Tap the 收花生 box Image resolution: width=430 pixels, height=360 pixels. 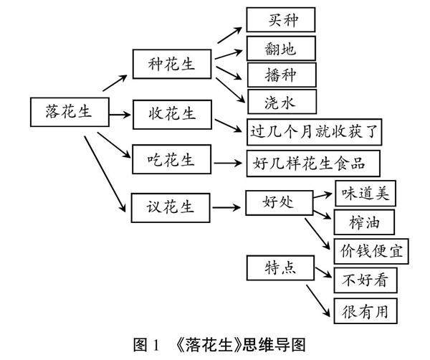tap(174, 114)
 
